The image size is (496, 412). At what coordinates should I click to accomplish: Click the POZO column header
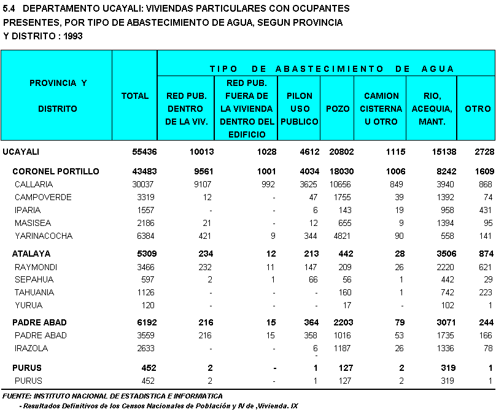point(338,109)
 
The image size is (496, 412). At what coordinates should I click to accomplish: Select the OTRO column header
point(477,109)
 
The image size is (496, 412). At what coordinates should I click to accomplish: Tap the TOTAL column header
point(135,96)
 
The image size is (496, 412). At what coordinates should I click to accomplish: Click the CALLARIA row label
point(34,184)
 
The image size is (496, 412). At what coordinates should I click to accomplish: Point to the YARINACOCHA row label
point(44,236)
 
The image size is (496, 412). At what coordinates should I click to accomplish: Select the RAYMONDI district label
point(36,266)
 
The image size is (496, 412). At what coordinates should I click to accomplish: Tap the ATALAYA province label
point(31,254)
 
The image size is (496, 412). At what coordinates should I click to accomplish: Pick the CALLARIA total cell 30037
point(138,184)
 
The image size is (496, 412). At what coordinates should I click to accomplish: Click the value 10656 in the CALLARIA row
point(339,184)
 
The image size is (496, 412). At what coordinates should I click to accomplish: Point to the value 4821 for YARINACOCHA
point(341,236)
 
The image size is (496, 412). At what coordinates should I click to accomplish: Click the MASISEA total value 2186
point(139,223)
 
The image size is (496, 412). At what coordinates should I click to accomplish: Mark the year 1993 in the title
point(72,36)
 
